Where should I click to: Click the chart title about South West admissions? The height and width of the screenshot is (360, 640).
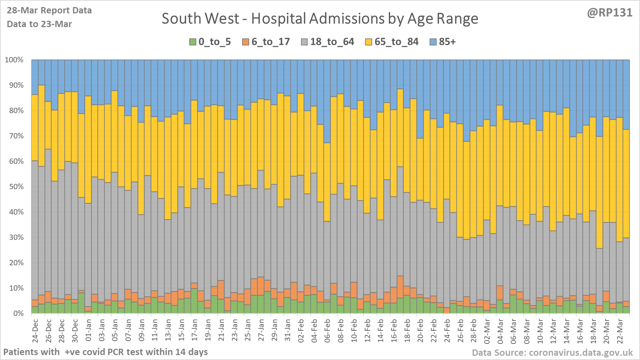[320, 19]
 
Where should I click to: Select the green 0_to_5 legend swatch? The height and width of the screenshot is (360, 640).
[193, 42]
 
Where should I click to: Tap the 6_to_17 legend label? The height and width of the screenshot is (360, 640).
[270, 42]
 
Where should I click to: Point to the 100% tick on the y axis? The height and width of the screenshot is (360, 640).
[14, 60]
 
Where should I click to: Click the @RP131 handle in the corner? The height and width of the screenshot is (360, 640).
[609, 13]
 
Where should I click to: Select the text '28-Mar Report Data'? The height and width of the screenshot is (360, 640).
[49, 11]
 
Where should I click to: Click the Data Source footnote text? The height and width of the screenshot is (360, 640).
[552, 353]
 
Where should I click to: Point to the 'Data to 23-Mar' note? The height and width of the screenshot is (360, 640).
[39, 24]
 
